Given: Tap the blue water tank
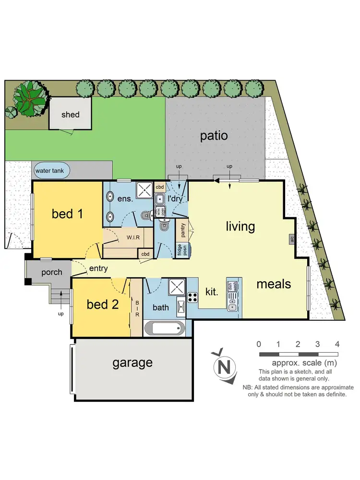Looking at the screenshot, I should tap(51, 170).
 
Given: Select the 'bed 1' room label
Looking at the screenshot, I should tap(68, 214).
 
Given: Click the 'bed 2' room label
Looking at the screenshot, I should tap(103, 304).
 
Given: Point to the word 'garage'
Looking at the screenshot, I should tap(132, 362).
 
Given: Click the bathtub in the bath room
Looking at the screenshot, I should tap(164, 330).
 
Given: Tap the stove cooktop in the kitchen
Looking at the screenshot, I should tap(192, 297).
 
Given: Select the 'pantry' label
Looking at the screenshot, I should tap(181, 229).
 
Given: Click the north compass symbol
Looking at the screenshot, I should tap(223, 367).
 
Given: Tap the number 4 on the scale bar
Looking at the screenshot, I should tap(337, 344).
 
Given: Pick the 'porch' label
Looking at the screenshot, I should tap(51, 272).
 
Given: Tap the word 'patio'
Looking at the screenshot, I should tap(214, 135).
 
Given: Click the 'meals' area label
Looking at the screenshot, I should tap(274, 284).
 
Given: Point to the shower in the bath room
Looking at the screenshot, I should tap(177, 288).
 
